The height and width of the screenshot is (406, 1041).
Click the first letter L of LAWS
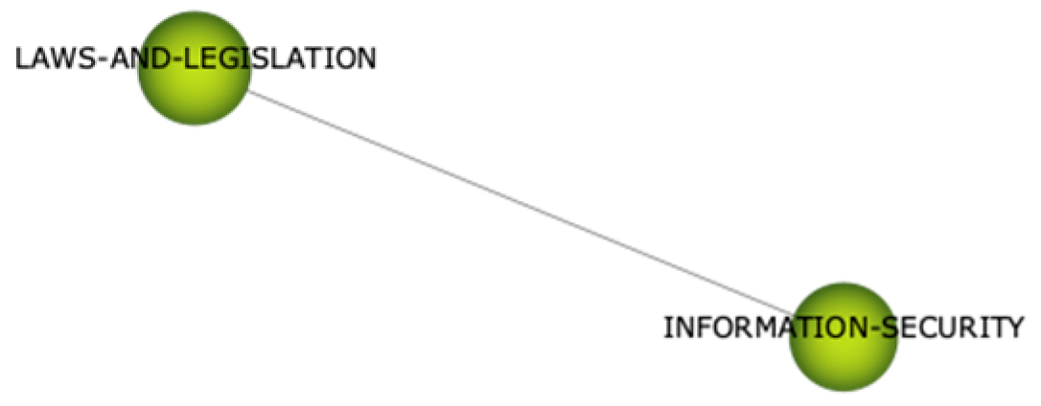point(21,59)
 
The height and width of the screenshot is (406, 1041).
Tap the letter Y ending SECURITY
point(1014,328)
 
